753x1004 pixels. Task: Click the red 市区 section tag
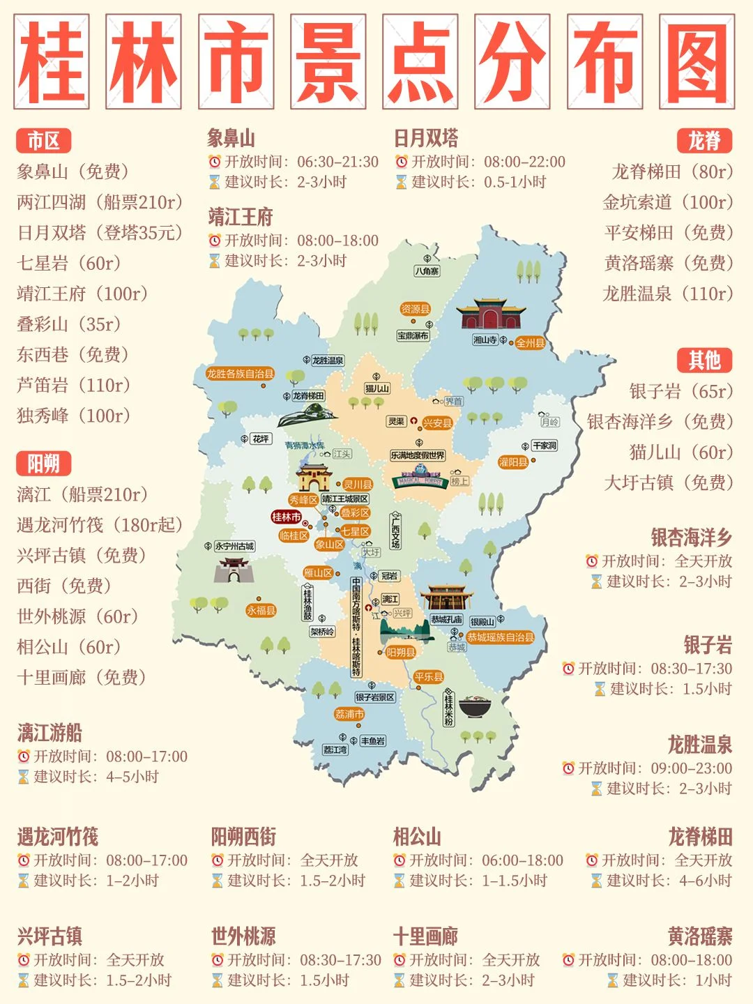coord(43,141)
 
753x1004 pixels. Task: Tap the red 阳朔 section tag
coord(43,464)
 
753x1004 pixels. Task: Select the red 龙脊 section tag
coord(704,141)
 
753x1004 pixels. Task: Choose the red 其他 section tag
coord(704,360)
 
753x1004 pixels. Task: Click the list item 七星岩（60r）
coord(69,263)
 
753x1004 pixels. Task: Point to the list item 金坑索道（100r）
coord(668,202)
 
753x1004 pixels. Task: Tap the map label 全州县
coord(530,343)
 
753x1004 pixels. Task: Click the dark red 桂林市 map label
coord(287,517)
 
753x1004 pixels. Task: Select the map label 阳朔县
coord(400,653)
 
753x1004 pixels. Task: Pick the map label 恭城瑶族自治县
coord(500,637)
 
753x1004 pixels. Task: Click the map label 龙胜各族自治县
coord(240,374)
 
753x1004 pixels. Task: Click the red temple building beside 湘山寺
coord(491,314)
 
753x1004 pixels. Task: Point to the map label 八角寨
coord(427,271)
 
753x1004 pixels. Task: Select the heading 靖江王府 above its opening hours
coord(241,218)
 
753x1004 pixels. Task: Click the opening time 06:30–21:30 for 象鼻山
coord(337,162)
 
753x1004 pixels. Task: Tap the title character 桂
coord(52,62)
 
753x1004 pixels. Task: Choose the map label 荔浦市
coord(349,714)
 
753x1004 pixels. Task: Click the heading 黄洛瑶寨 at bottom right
coord(699,936)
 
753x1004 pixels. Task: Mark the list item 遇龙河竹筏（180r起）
coord(100,525)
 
